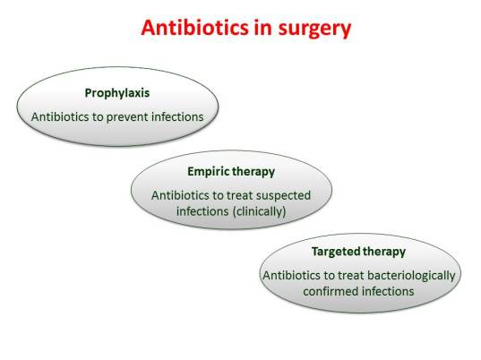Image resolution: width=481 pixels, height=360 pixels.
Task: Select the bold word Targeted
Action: (338, 252)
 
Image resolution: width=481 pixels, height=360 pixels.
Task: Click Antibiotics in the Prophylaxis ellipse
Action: (60, 116)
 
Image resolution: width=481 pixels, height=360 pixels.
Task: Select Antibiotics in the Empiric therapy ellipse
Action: (180, 194)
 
